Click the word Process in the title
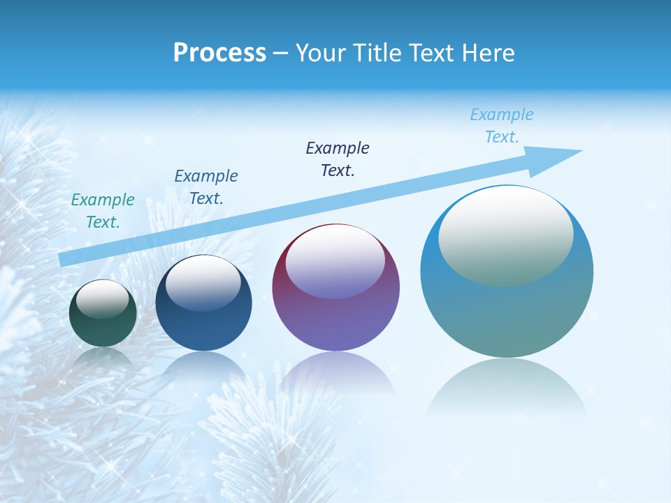219,53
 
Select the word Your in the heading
321,53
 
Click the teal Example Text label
103,211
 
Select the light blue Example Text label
502,126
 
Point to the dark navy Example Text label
338,159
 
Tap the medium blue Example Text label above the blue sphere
206,187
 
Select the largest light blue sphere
507,307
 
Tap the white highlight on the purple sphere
335,262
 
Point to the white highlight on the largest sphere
505,234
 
